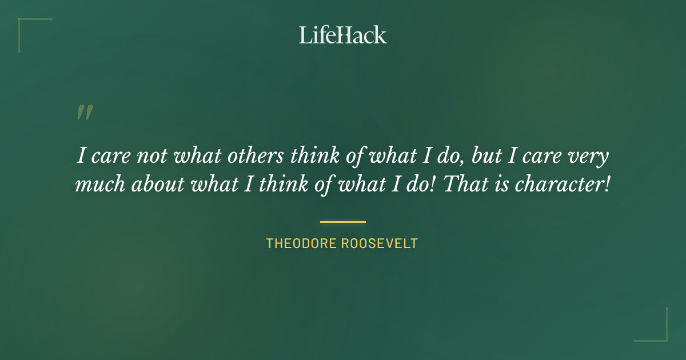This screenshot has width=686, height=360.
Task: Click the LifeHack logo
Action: click(343, 35)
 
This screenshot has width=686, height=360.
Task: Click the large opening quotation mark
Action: click(85, 113)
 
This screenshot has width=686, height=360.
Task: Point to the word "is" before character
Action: click(502, 186)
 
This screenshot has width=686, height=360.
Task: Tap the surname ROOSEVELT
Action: click(380, 243)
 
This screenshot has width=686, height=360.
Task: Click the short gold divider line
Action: click(343, 222)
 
